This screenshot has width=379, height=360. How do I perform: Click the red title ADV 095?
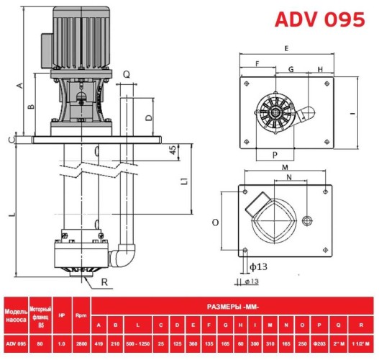click(x=319, y=19)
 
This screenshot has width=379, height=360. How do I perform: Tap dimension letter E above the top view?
click(x=286, y=48)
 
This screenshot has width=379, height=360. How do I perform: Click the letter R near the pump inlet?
click(x=106, y=282)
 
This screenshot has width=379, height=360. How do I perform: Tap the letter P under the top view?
click(x=275, y=154)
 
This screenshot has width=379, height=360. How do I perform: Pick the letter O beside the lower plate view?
click(x=215, y=223)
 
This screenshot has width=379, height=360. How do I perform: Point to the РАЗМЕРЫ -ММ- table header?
click(x=234, y=306)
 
